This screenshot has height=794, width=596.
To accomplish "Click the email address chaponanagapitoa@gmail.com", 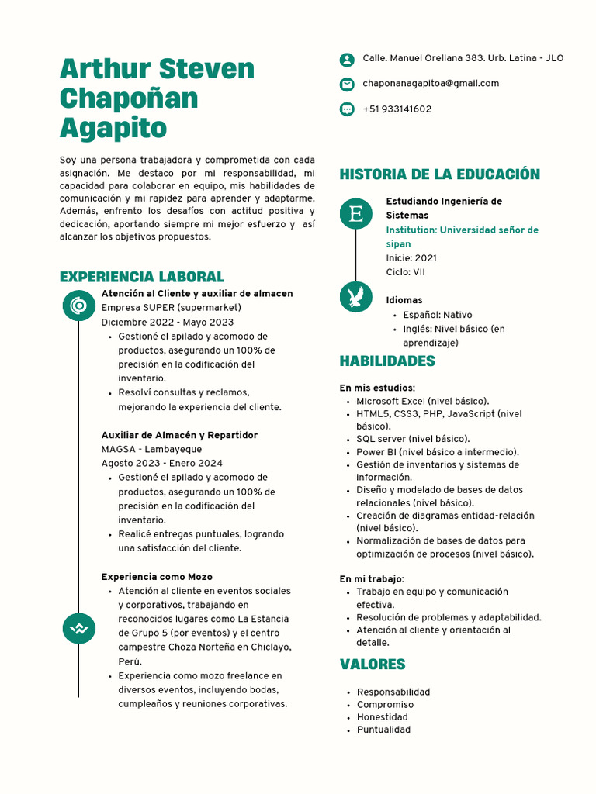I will (x=431, y=84).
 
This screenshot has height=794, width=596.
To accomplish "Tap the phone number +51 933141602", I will (x=397, y=109).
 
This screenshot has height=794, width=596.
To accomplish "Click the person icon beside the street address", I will (x=347, y=60).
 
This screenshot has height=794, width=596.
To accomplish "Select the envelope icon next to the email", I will (x=347, y=85).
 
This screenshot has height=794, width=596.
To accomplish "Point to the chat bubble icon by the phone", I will (x=347, y=109).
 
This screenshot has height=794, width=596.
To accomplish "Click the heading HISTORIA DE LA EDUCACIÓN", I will (x=439, y=174).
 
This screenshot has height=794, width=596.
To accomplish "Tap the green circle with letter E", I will (x=356, y=213).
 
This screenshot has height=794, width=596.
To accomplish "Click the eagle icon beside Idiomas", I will (x=356, y=297).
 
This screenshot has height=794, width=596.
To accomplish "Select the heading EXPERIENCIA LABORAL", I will (x=141, y=277).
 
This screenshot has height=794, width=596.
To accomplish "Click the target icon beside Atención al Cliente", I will (x=78, y=306).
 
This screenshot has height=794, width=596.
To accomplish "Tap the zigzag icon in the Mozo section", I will (x=78, y=627).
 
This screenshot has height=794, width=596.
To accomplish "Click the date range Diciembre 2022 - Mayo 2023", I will (x=167, y=323).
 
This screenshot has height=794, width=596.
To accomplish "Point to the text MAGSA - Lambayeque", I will (x=151, y=450).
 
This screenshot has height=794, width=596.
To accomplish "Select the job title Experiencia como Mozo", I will (x=157, y=577).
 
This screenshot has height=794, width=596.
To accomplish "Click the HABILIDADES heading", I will (x=387, y=361).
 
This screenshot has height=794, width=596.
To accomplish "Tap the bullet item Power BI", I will (x=438, y=452).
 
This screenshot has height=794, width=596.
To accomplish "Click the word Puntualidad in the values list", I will (x=383, y=730).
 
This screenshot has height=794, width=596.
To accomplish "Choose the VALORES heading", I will (x=372, y=665).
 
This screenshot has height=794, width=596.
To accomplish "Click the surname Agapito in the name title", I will (x=113, y=127).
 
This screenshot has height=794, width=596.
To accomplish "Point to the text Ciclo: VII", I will (x=405, y=272).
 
